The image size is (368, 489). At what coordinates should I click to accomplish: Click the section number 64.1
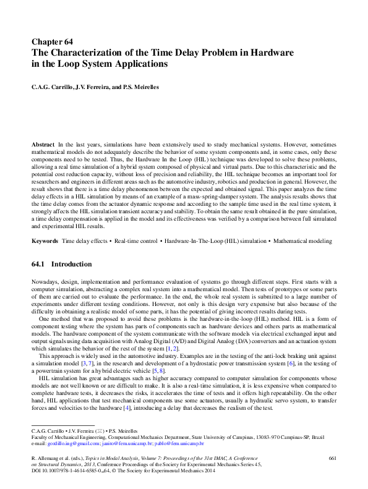click(40, 264)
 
